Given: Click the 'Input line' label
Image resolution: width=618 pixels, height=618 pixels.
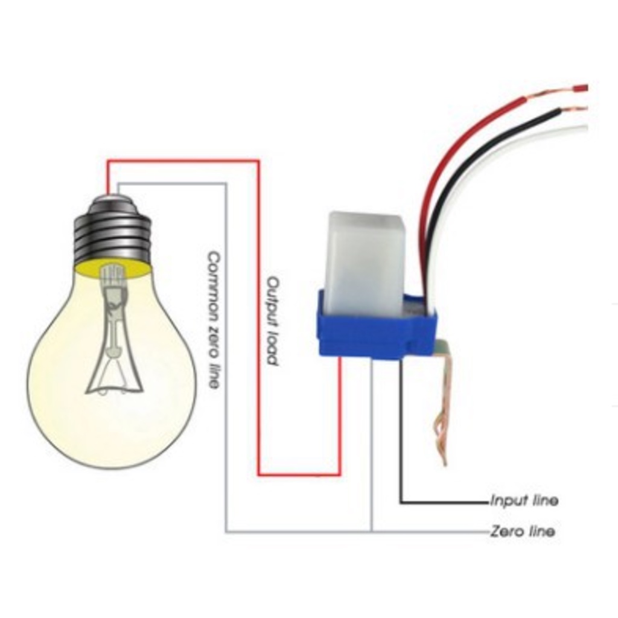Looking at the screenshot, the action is [524, 500].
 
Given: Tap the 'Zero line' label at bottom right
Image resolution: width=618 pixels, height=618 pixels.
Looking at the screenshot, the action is [523, 531].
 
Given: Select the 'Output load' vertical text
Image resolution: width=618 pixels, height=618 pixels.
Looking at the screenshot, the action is [273, 321].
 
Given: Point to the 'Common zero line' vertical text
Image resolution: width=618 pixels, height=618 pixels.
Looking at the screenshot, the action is [213, 320].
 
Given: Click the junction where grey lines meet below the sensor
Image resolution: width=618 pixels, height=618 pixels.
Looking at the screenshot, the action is [371, 532].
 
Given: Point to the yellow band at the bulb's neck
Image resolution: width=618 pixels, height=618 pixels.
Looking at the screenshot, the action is [113, 269].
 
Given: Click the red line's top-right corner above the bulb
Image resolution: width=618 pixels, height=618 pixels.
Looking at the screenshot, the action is [259, 161].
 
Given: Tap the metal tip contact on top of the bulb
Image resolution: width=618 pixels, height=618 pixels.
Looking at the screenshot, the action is [113, 196].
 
